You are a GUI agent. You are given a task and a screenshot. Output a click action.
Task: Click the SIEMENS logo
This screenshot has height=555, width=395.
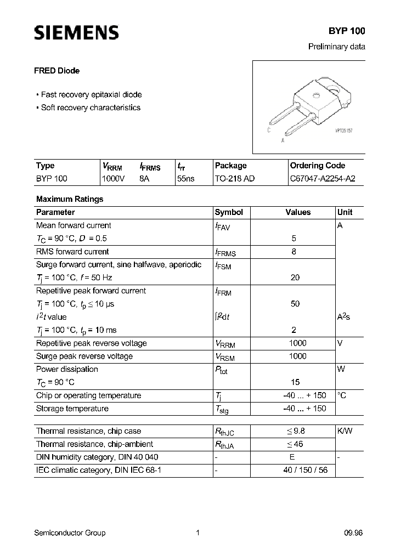point(76,33)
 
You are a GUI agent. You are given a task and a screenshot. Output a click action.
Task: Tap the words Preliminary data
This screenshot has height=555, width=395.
point(336,47)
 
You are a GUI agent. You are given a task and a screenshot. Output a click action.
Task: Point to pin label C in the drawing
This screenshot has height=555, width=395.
point(269,130)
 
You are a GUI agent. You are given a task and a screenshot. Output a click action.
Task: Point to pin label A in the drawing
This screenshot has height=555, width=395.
point(283,140)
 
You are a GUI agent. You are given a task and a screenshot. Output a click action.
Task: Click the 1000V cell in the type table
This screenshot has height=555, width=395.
point(114,178)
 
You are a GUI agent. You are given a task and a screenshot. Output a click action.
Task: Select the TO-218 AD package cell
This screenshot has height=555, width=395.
point(235,178)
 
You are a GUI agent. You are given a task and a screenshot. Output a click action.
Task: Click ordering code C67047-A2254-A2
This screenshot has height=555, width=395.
point(318,178)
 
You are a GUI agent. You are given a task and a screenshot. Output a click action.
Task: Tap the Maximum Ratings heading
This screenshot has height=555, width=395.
point(69,199)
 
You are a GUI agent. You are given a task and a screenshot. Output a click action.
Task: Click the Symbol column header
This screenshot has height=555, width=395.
point(229,212)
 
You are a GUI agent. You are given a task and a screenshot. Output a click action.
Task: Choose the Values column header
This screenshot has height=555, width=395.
point(298,212)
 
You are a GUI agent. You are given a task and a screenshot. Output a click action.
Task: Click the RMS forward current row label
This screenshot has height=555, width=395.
point(72,252)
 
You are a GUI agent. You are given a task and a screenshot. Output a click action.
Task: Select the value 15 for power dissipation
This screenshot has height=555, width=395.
point(294,382)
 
